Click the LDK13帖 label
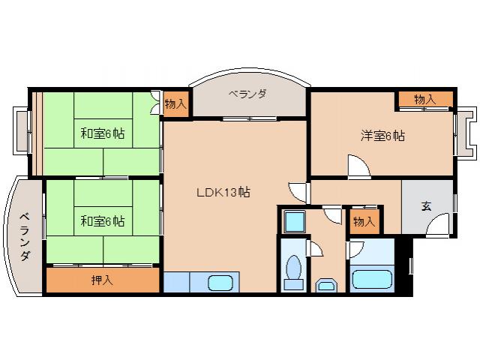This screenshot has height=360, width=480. pyautogui.click(x=223, y=193)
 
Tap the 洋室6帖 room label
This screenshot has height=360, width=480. pyautogui.click(x=382, y=136)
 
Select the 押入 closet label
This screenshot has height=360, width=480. pyautogui.click(x=102, y=280)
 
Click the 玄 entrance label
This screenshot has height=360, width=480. pyautogui.click(x=426, y=205)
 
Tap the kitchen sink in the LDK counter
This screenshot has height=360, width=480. pyautogui.click(x=220, y=283)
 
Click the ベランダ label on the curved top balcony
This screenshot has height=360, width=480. pyautogui.click(x=248, y=94)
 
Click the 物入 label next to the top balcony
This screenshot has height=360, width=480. pyautogui.click(x=175, y=103)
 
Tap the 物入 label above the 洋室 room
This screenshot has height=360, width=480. pyautogui.click(x=424, y=99)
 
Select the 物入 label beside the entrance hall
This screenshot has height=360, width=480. pyautogui.click(x=364, y=221)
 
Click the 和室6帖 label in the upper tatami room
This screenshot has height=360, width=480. pyautogui.click(x=103, y=134)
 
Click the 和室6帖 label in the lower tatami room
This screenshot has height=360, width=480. pyautogui.click(x=103, y=221)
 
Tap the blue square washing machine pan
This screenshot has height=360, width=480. pyautogui.click(x=293, y=222)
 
